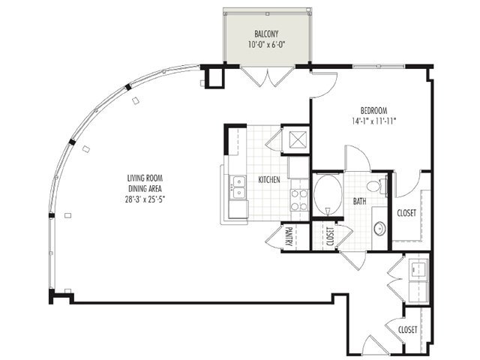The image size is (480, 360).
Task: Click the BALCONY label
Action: point(266,33)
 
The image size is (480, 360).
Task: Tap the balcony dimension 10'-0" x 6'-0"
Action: point(267,45)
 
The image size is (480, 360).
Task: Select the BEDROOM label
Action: point(373,110)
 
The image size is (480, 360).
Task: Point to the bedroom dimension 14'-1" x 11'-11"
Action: point(374,121)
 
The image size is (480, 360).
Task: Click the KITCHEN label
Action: point(269,180)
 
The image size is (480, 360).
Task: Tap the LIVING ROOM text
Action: point(145,178)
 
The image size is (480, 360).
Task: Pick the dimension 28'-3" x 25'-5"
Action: point(145,199)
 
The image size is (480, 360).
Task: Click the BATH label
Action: point(360,202)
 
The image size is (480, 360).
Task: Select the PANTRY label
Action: point(288,237)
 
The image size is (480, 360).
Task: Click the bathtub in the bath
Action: point(328,194)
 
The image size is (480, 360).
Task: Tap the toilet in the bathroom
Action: point(377,185)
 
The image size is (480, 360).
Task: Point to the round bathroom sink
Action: point(380,228)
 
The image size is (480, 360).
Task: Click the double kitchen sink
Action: point(238,187)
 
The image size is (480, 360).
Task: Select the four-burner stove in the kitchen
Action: point(299,200)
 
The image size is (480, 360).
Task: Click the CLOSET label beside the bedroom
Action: point(406,213)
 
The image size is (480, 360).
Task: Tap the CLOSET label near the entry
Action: point(408,330)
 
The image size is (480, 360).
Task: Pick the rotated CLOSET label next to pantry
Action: point(330,236)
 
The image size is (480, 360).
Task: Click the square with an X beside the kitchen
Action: point(298,139)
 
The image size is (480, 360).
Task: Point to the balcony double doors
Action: point(268,76)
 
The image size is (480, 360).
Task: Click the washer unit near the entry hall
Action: point(418,269)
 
